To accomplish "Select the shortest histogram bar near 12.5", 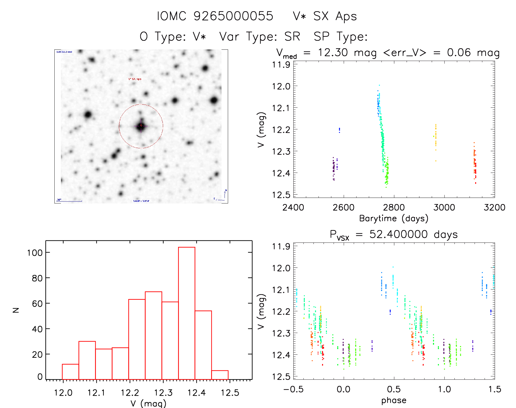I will [220, 375].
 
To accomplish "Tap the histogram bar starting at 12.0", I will [70, 372].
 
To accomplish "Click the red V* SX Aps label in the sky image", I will [135, 79].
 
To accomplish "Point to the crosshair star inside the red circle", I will [141, 126].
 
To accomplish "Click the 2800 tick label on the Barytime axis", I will [394, 207].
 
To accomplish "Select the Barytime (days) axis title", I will [394, 218].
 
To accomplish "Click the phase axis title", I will [394, 400].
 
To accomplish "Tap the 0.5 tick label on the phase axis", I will [394, 389].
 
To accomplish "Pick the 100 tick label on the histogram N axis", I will [35, 253].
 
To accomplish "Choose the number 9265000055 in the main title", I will [233, 16].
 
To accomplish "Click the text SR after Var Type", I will [292, 36].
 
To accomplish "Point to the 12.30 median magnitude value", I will [333, 52].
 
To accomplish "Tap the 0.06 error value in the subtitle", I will [459, 52].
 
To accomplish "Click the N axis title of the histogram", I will [16, 310].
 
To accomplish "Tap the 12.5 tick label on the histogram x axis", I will [230, 393].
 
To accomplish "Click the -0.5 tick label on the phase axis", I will [293, 389].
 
